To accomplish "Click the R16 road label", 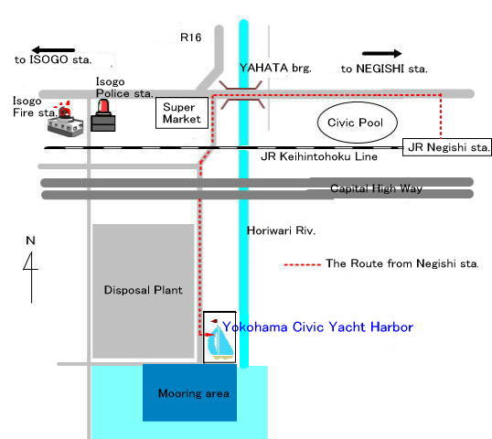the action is click(x=190, y=37).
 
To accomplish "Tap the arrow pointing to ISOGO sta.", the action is click(x=53, y=49).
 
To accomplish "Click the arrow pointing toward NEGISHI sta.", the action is click(x=382, y=54).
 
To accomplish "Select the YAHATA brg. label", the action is click(x=275, y=68).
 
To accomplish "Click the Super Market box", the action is click(x=182, y=113).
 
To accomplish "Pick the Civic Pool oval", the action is click(x=358, y=123).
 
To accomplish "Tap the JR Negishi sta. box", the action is click(x=447, y=147).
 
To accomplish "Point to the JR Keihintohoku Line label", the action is click(x=319, y=156).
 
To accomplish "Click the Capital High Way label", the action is click(x=376, y=188).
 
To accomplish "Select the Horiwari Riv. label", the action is click(x=281, y=230).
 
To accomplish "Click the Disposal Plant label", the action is click(x=143, y=290).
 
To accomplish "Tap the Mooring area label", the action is click(x=193, y=393).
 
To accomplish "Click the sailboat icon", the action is click(x=219, y=337).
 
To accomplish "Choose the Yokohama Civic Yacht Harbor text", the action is click(x=317, y=327).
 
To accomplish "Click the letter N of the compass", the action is click(x=30, y=241).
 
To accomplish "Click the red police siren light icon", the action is click(x=103, y=107).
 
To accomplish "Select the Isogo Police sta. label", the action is click(x=124, y=88).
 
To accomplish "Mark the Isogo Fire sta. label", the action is click(x=35, y=107).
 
